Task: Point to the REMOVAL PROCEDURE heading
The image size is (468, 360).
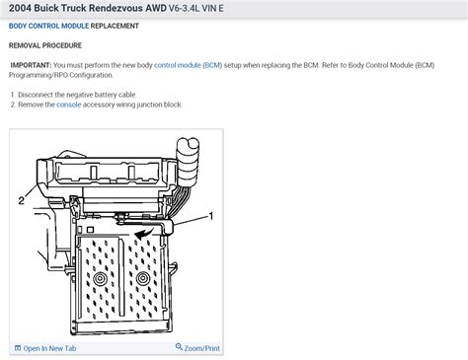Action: (x=45, y=45)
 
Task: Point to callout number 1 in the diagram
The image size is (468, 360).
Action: (x=209, y=214)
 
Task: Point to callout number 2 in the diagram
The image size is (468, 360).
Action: (x=20, y=200)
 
